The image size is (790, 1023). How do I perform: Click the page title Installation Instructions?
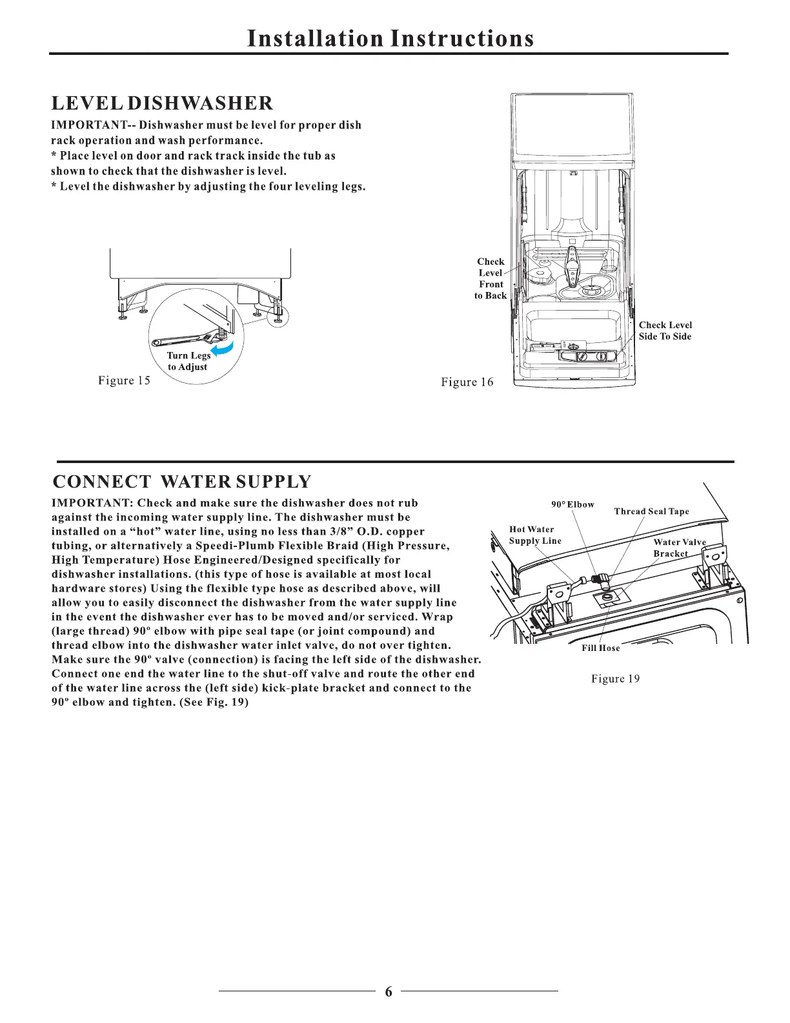[x=390, y=38]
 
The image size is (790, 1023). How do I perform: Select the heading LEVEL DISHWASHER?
[x=162, y=103]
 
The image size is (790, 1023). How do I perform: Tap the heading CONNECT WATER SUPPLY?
[x=182, y=482]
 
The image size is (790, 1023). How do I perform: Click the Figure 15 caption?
[x=124, y=380]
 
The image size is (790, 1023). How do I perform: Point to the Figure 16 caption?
[x=467, y=382]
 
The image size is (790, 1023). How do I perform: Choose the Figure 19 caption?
[x=615, y=679]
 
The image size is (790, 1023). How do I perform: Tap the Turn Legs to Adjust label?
[x=188, y=361]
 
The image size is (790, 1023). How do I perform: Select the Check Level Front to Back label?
[x=491, y=278]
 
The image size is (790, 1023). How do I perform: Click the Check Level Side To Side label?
[x=665, y=331]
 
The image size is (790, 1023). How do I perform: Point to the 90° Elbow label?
[x=572, y=504]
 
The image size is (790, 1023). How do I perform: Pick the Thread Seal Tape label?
[x=651, y=512]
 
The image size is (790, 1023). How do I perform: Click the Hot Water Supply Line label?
[x=534, y=535]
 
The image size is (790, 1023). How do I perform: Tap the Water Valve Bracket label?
[x=679, y=548]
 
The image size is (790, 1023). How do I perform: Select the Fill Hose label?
[x=600, y=648]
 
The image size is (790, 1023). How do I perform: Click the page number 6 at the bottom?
[x=389, y=991]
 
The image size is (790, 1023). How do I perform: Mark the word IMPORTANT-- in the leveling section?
[x=93, y=125]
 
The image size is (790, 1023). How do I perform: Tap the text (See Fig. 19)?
[x=214, y=702]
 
